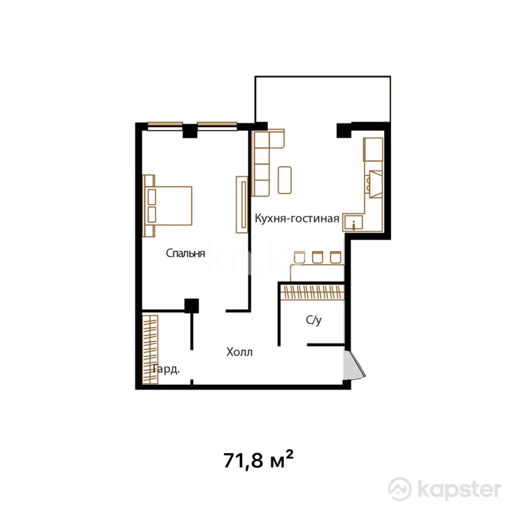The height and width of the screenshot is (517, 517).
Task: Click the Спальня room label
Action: point(185,253)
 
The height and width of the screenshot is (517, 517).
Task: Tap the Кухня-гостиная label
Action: point(297,218)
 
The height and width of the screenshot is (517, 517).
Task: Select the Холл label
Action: point(239,352)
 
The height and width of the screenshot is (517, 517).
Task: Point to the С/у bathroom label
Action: point(314,320)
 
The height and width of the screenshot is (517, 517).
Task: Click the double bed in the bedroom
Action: point(168,206)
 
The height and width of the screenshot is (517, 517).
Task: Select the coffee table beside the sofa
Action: point(284,180)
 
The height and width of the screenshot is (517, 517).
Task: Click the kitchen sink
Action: point(353,223)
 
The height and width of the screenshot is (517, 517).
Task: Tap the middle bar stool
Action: point(317,257)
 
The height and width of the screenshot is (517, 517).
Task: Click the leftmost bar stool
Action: point(299,257)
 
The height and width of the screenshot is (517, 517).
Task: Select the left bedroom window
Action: point(165,126)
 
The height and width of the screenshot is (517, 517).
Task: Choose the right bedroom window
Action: point(217,126)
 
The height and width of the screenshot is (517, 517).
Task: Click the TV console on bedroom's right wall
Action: point(242,204)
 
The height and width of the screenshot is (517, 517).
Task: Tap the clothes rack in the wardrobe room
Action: point(150,349)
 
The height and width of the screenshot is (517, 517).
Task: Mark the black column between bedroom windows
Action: point(190,131)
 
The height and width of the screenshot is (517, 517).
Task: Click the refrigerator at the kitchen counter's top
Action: point(373,149)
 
